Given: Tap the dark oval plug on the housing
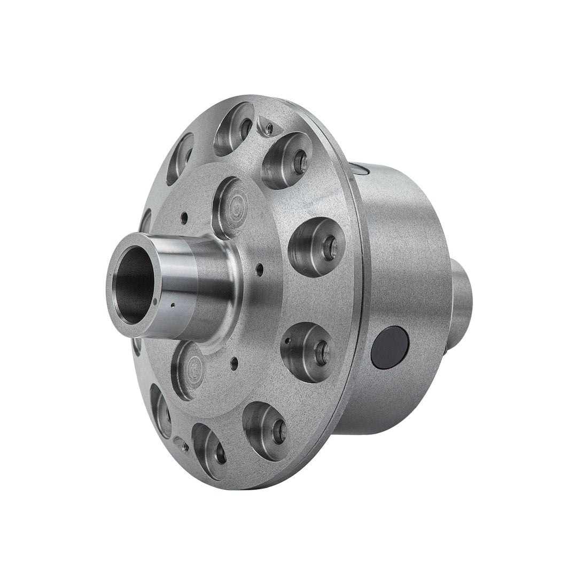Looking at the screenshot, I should tap(389, 347).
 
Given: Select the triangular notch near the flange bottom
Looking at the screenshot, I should tap(181, 443).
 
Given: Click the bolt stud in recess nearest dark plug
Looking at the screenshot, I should tap(320, 352).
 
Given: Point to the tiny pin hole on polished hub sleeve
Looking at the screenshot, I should tap(174, 307).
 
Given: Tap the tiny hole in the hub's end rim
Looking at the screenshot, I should tap(155, 302).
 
